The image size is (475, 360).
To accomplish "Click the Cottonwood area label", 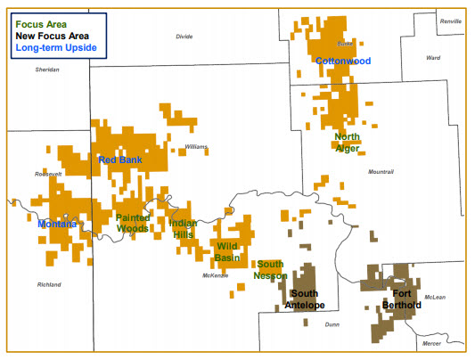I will (x=342, y=61).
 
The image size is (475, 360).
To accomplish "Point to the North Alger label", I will (x=347, y=143).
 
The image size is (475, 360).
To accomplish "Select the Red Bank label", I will (x=119, y=160).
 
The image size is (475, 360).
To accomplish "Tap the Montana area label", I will (x=57, y=225).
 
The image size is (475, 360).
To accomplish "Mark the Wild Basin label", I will (x=228, y=251).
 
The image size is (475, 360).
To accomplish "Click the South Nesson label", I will (x=270, y=270).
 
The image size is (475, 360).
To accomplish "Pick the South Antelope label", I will (x=305, y=300).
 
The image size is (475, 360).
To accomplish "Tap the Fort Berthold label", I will (x=400, y=299).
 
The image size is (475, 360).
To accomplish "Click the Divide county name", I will (x=184, y=37).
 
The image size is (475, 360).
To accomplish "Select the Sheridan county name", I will (x=47, y=69).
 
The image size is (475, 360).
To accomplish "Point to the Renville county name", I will (x=451, y=20).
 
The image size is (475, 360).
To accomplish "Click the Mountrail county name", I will (x=381, y=171).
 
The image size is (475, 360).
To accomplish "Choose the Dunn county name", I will (x=332, y=325).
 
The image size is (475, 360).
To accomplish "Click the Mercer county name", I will (x=430, y=343).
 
